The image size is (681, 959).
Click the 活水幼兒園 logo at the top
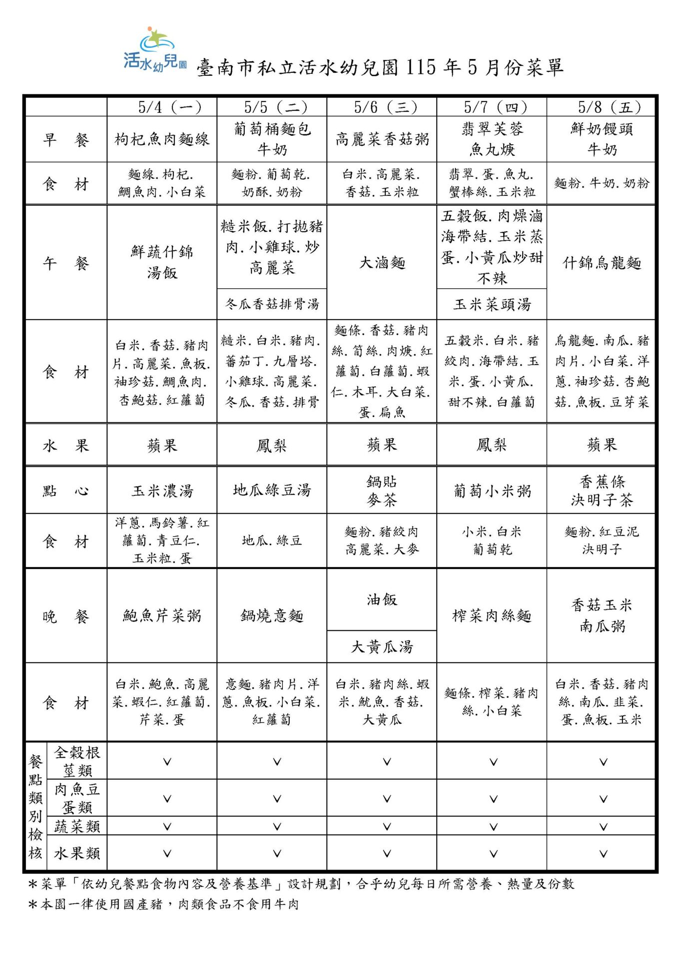point(154,50)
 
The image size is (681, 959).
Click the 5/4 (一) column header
point(169,107)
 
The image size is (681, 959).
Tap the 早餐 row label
point(65,139)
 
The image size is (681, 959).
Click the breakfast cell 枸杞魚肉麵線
point(162,139)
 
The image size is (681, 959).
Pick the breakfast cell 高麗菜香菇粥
point(382,139)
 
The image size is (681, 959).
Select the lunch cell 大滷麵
point(382,263)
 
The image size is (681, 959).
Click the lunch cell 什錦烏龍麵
point(601,263)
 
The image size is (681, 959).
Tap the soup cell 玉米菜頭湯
point(492,304)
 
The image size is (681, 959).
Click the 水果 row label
point(65,445)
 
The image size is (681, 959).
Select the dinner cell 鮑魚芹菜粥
point(162,616)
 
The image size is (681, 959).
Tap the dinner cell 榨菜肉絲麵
point(492,616)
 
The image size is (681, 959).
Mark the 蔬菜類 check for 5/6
point(387,827)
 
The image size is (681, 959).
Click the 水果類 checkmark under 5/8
point(603,854)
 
